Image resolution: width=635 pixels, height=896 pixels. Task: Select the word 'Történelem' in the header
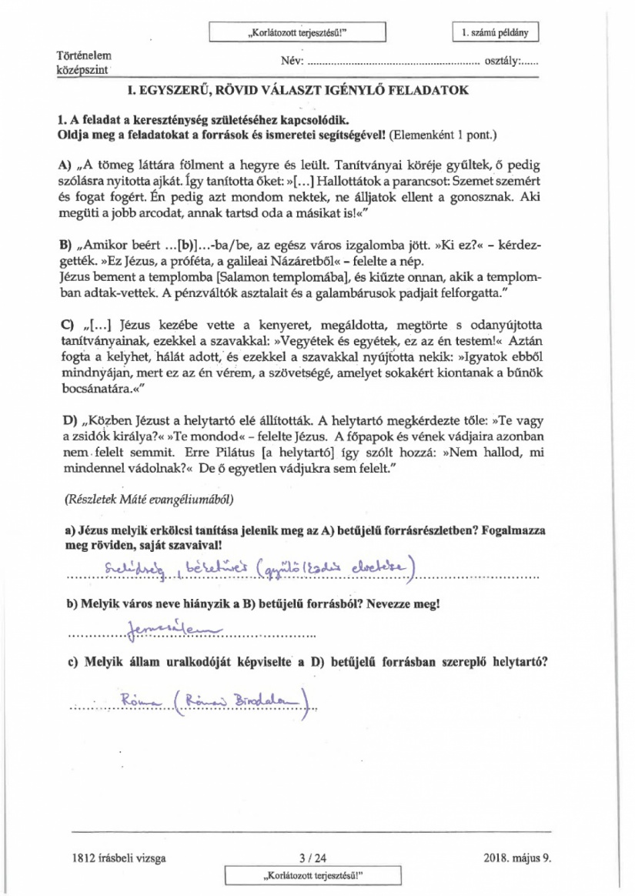click(83, 57)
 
